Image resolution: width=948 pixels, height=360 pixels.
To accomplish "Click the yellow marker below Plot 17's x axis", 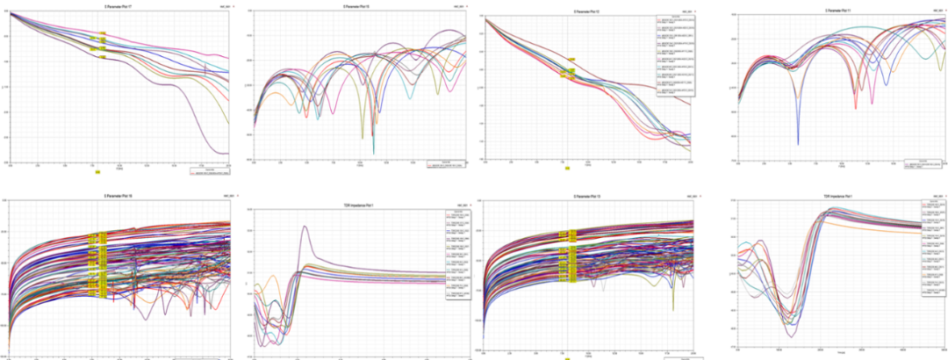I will [x=98, y=172].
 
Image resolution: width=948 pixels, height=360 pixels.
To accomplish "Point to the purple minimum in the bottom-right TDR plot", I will [x=791, y=335].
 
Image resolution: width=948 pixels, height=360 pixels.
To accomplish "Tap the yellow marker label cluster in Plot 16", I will [x=99, y=263].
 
